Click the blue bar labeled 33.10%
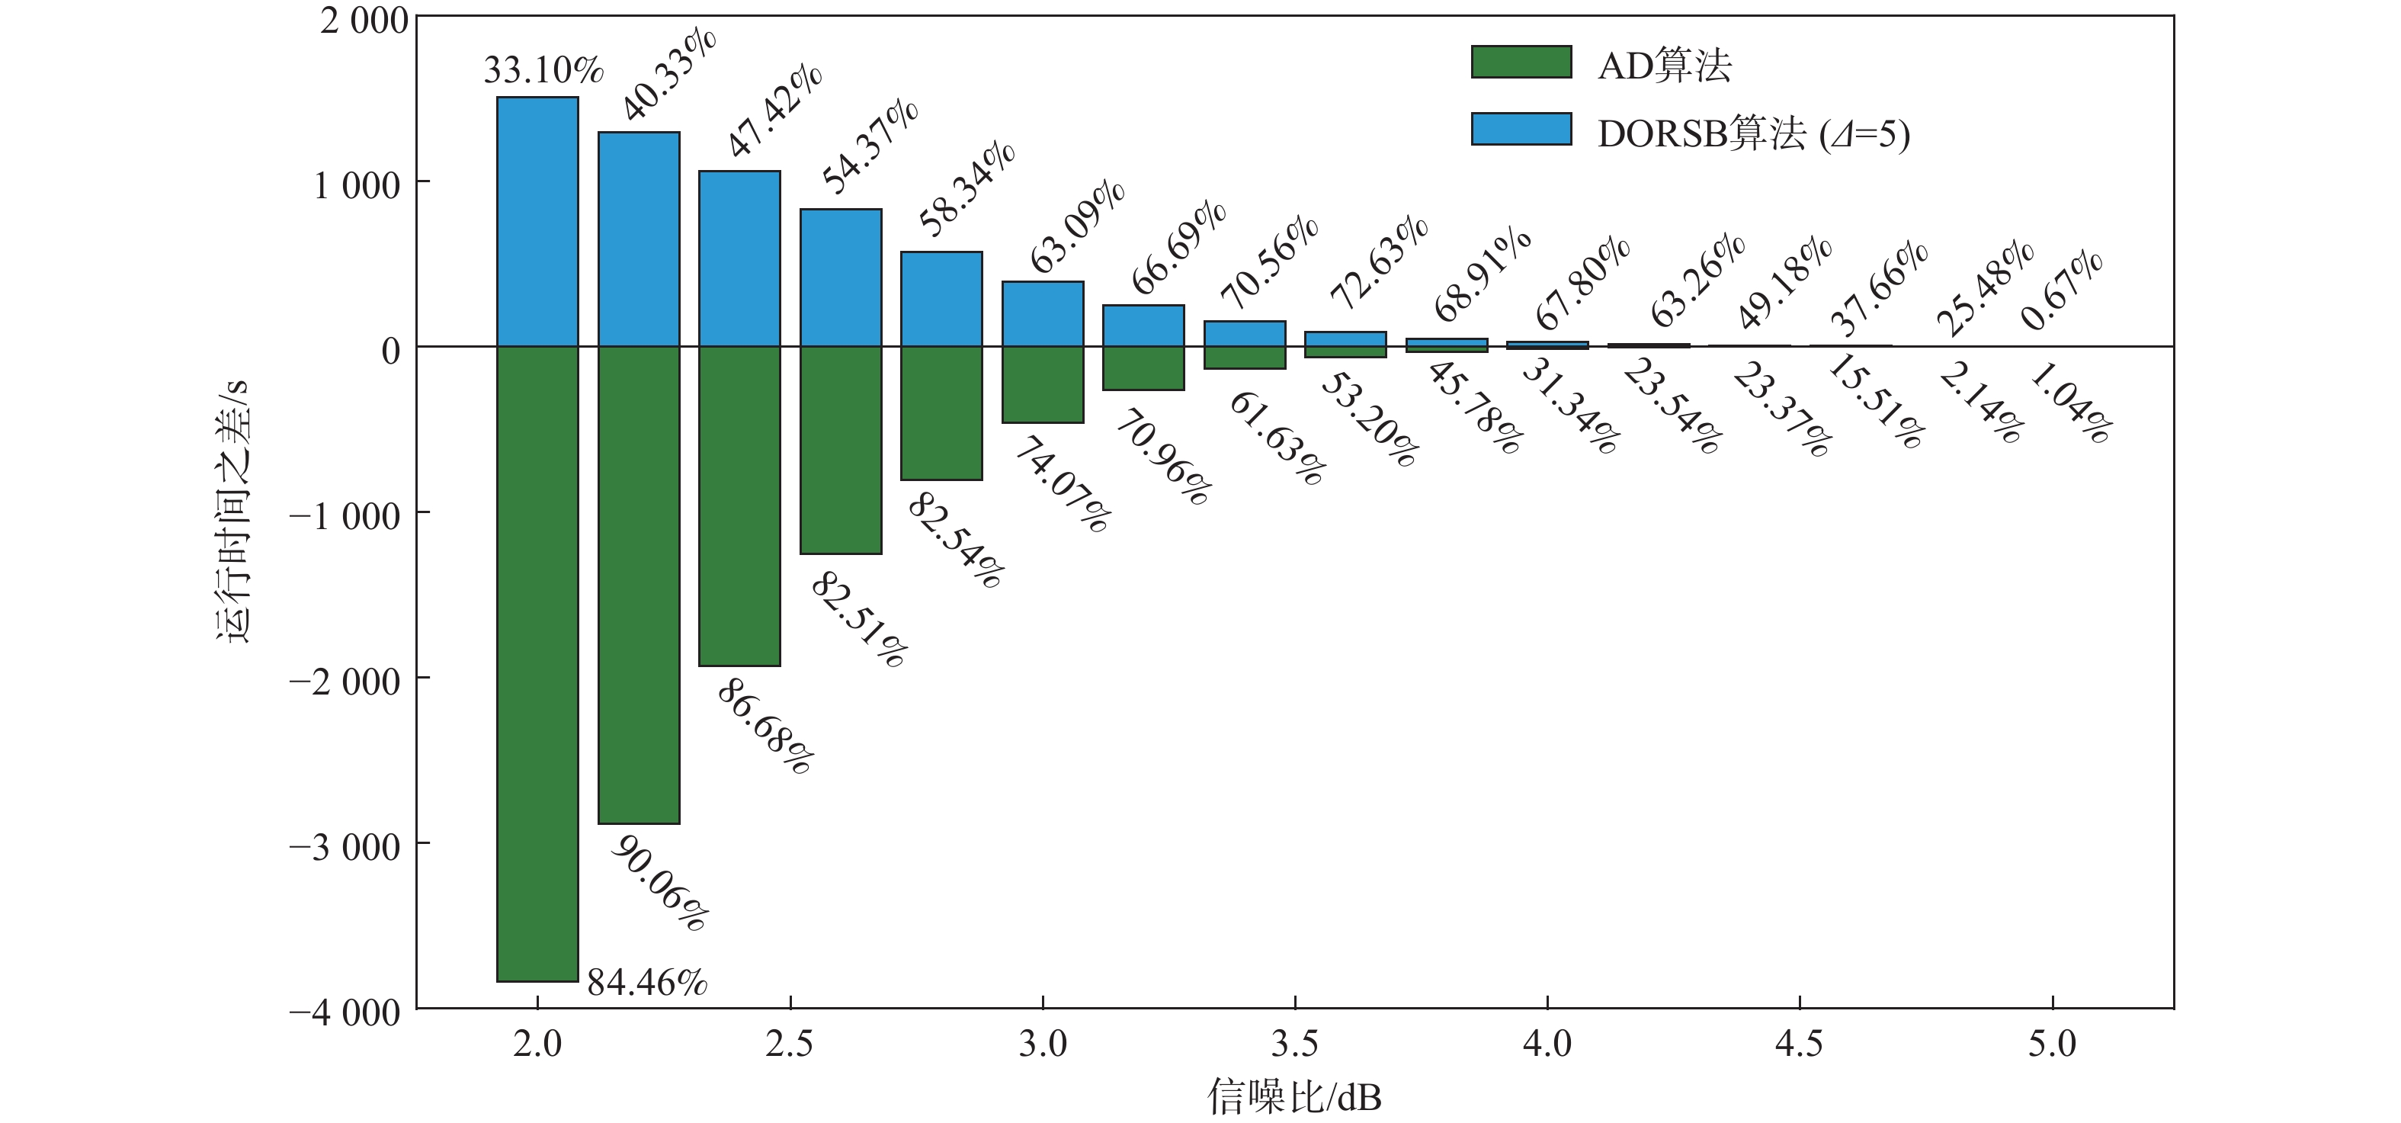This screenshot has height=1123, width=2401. click(537, 222)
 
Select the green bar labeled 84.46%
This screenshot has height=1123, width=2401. click(537, 663)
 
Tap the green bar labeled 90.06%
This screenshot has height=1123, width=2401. click(639, 586)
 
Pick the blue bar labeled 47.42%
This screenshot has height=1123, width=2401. click(739, 259)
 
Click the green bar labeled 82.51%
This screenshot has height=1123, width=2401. click(841, 450)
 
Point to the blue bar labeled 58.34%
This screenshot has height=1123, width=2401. click(941, 299)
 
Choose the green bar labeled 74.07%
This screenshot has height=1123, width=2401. click(1043, 385)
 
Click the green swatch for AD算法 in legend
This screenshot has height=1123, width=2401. click(1521, 62)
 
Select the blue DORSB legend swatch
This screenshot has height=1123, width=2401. click(1521, 129)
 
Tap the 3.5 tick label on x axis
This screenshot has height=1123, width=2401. click(1295, 1044)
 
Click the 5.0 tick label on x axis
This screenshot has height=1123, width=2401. click(2053, 1044)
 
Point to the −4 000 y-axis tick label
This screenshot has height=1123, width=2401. click(345, 1013)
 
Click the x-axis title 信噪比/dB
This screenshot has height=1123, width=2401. click(1295, 1097)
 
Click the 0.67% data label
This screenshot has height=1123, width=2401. click(2062, 290)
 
